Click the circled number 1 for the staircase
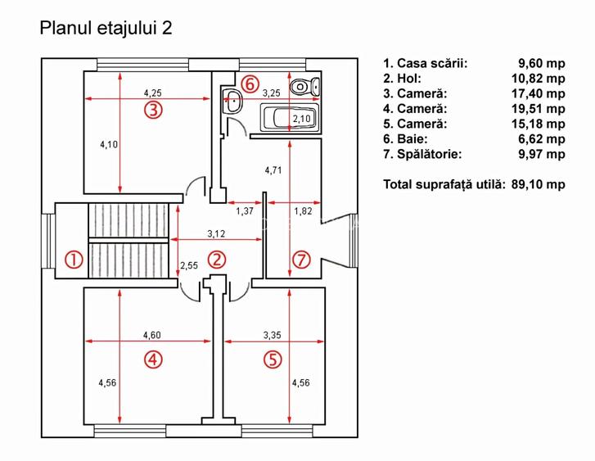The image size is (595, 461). (74, 260)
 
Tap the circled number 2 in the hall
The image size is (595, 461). (216, 260)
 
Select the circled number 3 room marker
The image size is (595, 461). (153, 110)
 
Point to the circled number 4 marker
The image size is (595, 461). (153, 358)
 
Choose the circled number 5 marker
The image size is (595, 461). (273, 358)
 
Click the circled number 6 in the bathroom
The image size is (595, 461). (251, 84)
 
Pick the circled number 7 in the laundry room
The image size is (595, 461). (302, 260)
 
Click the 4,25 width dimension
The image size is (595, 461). (153, 93)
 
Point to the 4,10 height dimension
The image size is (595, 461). (108, 145)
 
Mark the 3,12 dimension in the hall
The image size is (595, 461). (216, 233)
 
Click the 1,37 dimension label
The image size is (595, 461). (244, 212)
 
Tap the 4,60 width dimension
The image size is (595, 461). (151, 334)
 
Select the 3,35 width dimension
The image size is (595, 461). (272, 334)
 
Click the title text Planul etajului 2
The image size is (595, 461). (106, 28)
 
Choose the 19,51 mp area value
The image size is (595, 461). (542, 108)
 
